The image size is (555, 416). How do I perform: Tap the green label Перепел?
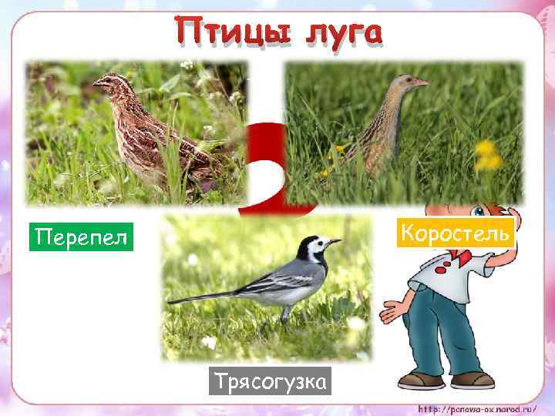81,237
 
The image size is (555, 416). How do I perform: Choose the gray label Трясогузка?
269,381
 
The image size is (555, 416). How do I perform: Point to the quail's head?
109,80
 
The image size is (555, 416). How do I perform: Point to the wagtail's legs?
286,312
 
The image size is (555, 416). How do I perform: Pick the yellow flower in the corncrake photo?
487,153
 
